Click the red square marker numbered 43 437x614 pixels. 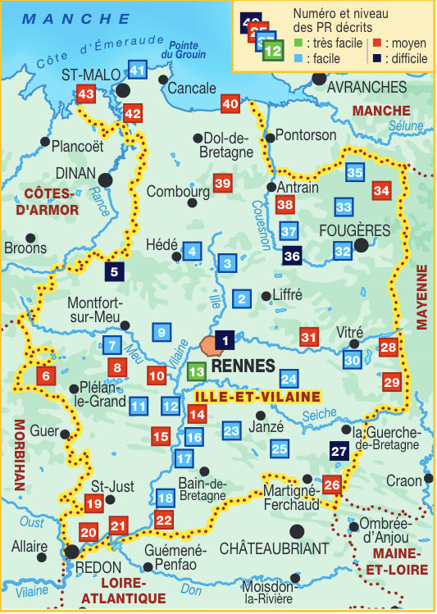tap(86, 95)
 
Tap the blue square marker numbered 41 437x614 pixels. tap(138, 70)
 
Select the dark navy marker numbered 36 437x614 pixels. tap(292, 256)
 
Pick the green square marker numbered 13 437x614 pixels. tap(196, 371)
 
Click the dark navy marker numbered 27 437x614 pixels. tap(339, 451)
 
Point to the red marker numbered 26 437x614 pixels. tap(331, 485)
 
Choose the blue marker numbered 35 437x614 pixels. tap(354, 172)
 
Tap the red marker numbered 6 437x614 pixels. tap(46, 376)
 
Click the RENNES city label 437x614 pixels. tap(243, 366)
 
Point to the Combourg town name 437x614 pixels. tap(178, 191)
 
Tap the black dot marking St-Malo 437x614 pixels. tap(123, 90)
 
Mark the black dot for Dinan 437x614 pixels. tap(106, 180)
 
